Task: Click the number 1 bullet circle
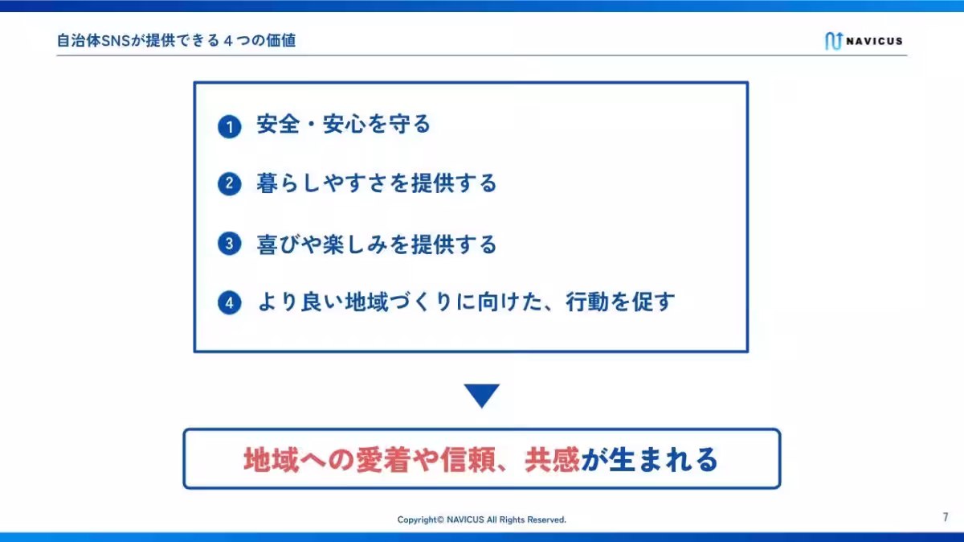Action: (230, 127)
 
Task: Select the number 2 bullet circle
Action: (230, 184)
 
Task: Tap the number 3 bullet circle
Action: (230, 244)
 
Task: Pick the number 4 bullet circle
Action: (230, 303)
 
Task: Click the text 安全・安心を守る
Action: (344, 125)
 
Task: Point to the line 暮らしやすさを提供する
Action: (377, 184)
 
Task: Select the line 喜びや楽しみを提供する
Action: (377, 244)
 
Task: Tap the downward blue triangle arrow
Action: (482, 395)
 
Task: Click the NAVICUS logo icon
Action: (832, 41)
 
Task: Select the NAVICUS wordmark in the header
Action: (875, 41)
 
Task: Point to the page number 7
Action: (946, 517)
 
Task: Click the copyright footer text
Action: (482, 519)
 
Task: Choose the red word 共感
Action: (552, 460)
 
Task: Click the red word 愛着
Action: (383, 460)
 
